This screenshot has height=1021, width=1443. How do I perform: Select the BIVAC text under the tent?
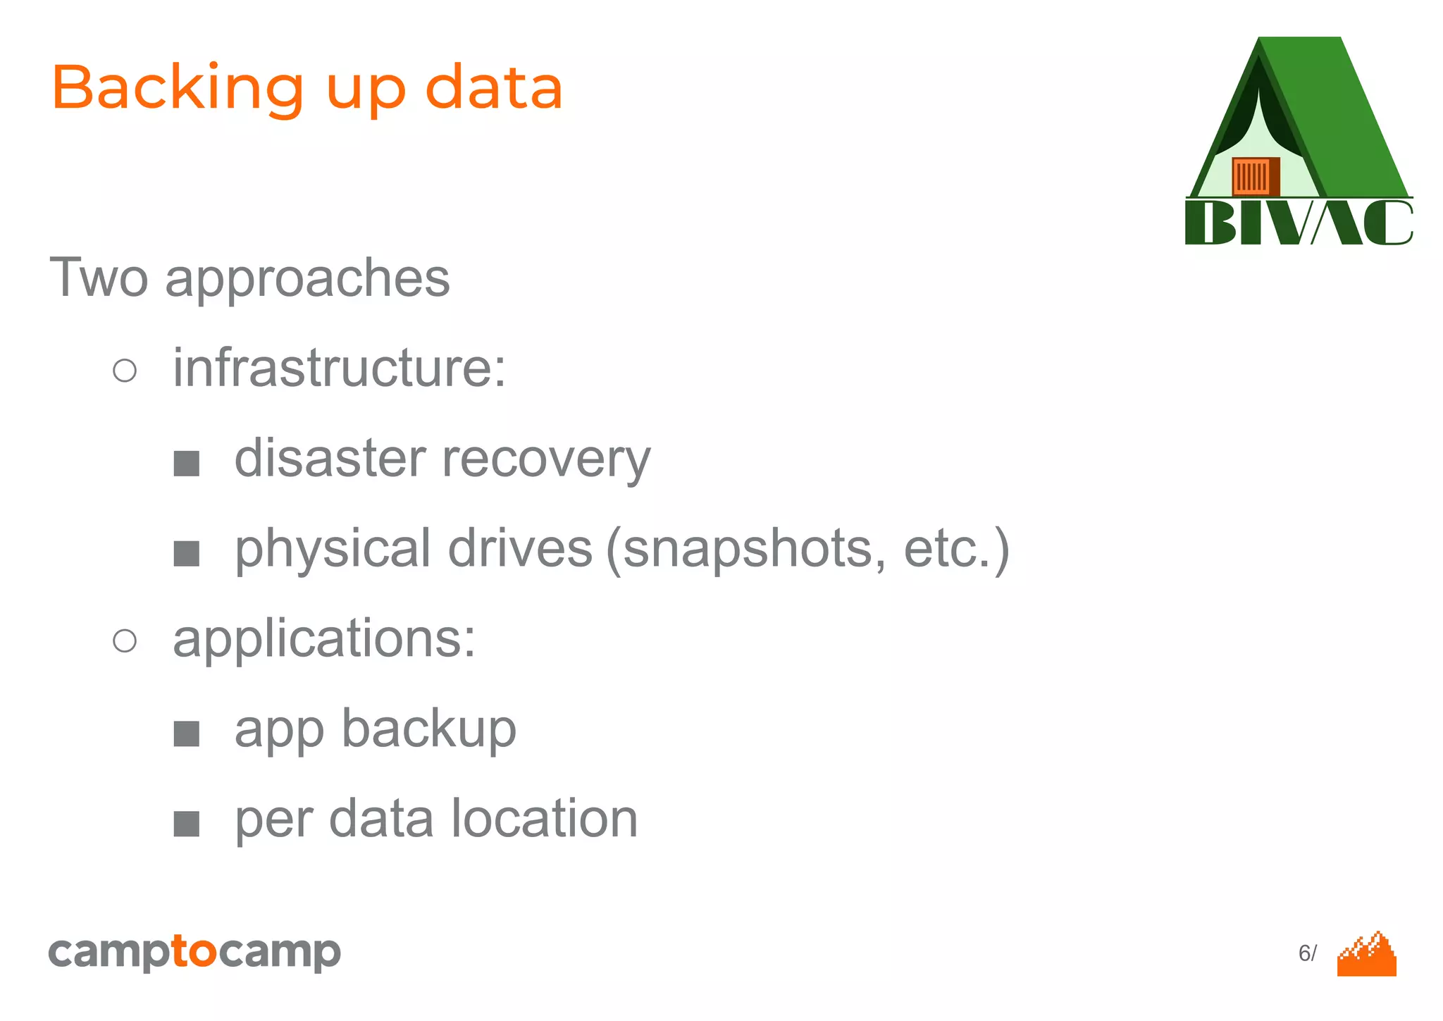click(x=1299, y=223)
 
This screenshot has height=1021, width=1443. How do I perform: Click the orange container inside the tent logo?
click(x=1255, y=176)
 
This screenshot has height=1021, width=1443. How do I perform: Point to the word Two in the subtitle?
click(x=99, y=278)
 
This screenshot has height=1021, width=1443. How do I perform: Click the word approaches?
click(x=307, y=280)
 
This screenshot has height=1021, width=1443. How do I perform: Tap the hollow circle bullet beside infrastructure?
click(x=125, y=370)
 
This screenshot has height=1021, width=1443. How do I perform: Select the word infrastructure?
click(x=340, y=368)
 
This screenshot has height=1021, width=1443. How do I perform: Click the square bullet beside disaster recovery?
click(x=187, y=464)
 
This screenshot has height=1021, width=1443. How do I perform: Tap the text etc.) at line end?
click(x=956, y=550)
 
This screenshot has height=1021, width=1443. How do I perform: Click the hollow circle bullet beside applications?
click(x=125, y=641)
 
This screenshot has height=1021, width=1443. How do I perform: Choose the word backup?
click(x=429, y=730)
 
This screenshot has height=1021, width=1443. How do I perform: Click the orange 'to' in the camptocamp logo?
click(x=194, y=952)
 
